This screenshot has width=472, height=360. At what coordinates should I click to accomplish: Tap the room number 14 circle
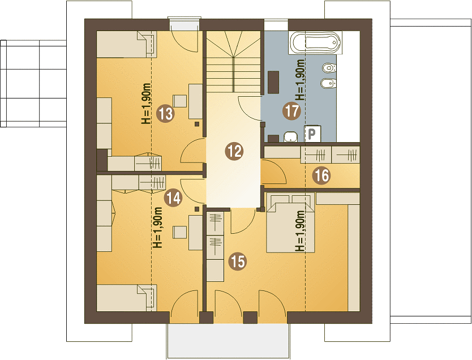[x=173, y=198]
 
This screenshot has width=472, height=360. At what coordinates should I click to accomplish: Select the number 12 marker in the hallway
[x=234, y=151]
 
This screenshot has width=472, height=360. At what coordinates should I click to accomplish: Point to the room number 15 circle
[x=238, y=261]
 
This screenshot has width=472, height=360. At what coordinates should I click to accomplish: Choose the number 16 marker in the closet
[x=321, y=175]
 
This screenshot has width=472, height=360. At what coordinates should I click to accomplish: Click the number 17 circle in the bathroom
[x=291, y=110]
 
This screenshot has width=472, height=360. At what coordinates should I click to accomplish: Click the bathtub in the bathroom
[x=315, y=43]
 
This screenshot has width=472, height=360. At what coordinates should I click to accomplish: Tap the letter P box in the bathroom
[x=312, y=134]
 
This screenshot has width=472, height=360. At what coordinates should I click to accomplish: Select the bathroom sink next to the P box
[x=291, y=136]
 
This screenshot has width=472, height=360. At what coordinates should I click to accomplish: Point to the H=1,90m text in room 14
[x=158, y=227]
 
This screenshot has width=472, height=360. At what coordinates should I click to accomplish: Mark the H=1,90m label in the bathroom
[x=300, y=80]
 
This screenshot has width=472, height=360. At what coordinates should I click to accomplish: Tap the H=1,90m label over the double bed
[x=300, y=231]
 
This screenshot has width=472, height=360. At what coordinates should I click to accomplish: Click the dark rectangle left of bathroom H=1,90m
[x=273, y=82]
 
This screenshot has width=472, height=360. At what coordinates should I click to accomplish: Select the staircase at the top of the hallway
[x=234, y=62]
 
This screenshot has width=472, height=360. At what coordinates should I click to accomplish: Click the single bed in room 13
[x=126, y=44]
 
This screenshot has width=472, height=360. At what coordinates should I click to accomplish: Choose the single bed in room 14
[x=126, y=298]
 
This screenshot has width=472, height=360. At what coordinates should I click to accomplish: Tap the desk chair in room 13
[x=180, y=101]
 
